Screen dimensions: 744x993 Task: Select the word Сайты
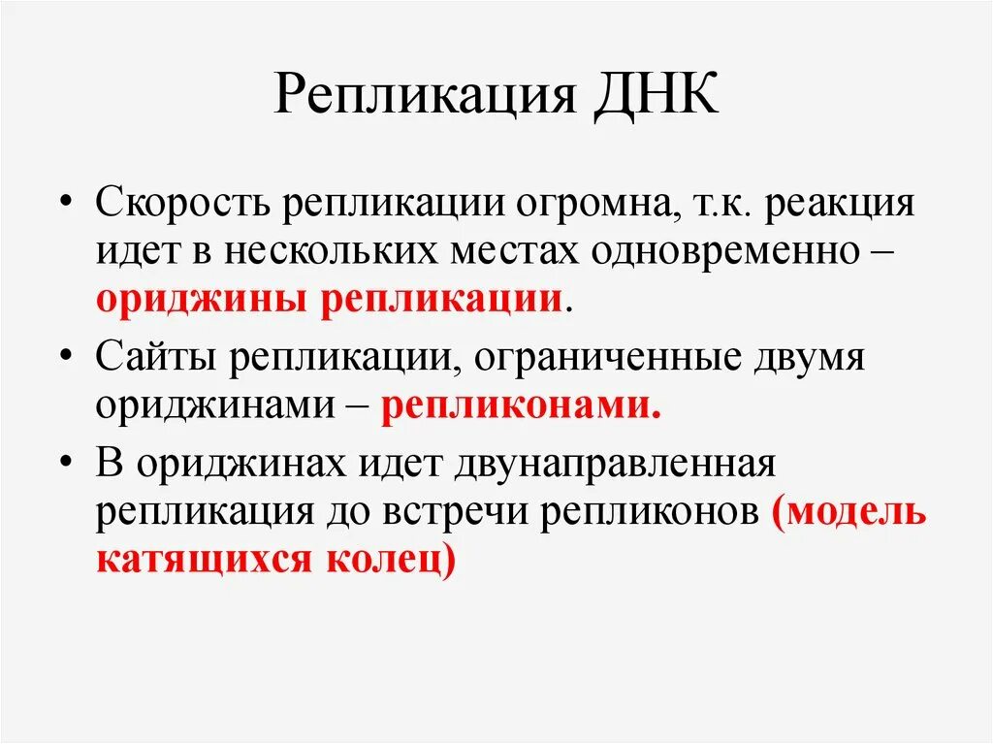154,357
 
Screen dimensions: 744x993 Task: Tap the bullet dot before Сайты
66,357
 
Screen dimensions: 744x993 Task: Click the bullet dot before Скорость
66,206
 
